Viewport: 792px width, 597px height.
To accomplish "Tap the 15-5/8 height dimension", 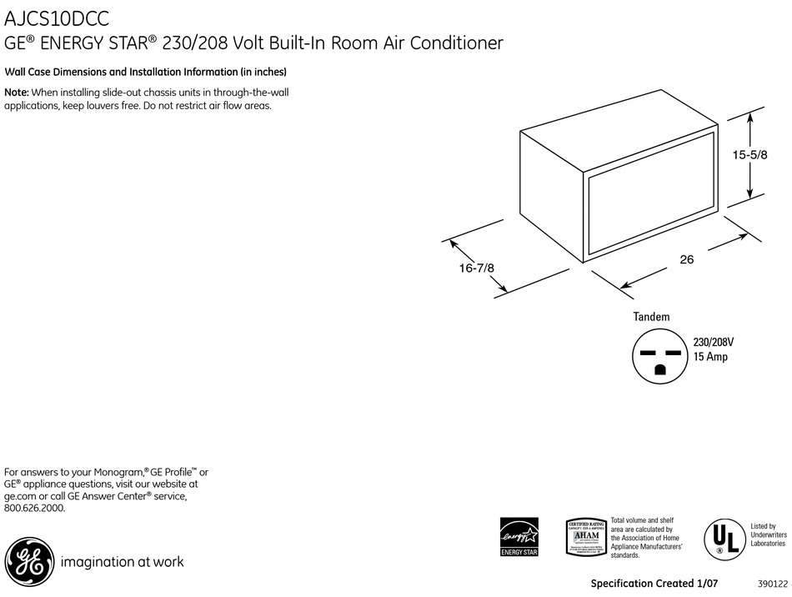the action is (749, 154).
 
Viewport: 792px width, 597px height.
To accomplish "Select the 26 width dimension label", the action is (686, 259).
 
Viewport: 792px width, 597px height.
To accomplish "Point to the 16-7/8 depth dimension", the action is (476, 268).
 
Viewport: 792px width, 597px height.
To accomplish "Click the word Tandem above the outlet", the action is (651, 317).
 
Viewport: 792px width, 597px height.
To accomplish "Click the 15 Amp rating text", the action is (711, 357).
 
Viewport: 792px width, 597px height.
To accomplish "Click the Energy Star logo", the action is (519, 538).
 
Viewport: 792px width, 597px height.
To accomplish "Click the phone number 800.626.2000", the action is (34, 507).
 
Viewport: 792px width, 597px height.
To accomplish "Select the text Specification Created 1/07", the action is (654, 584).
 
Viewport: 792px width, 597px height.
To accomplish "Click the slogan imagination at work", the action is (122, 562).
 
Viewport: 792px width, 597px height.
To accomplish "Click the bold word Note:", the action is (17, 93).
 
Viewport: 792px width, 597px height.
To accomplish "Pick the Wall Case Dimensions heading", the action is (146, 72).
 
